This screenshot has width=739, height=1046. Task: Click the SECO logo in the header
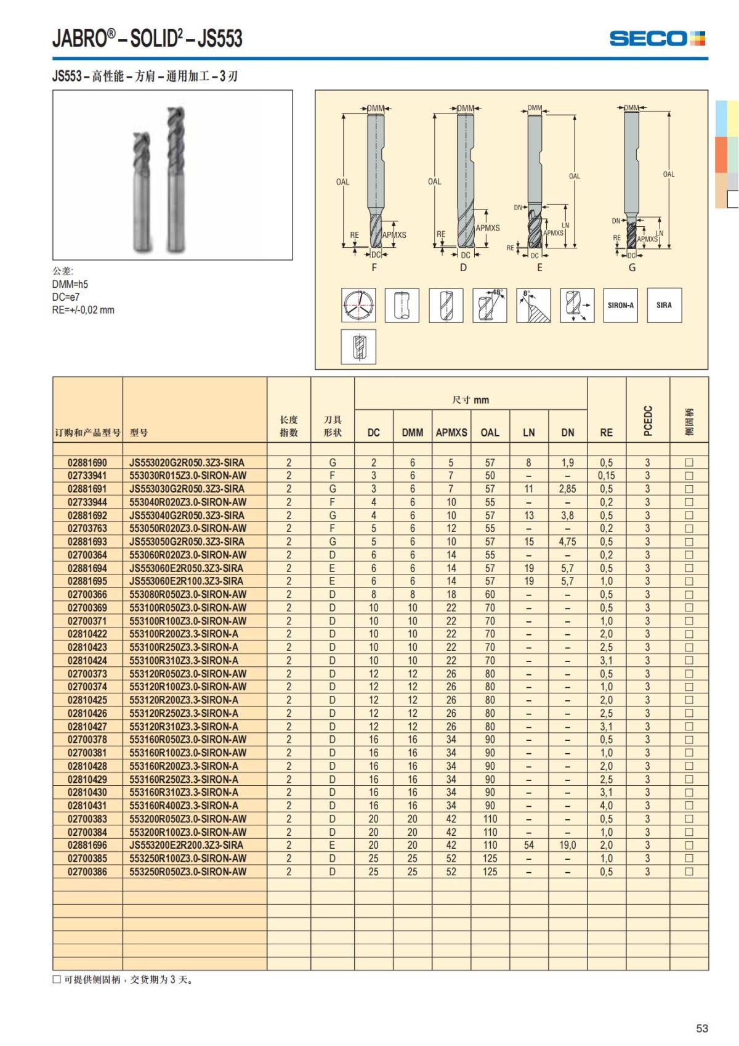point(656,38)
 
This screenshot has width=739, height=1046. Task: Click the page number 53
point(701,1028)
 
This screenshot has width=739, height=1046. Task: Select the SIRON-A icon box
point(620,305)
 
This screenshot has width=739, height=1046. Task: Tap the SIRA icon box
point(664,305)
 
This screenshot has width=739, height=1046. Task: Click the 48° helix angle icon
point(490,305)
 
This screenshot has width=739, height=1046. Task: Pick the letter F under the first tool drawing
point(374,268)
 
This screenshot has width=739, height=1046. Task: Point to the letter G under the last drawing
point(632,268)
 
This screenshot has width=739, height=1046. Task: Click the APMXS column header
point(451,433)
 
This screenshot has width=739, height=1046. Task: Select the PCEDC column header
point(648,420)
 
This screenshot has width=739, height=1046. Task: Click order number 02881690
point(87,462)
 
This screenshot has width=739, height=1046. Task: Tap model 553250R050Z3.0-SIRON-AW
point(188,872)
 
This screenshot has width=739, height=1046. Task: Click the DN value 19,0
point(568,845)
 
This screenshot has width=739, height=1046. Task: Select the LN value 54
point(529,845)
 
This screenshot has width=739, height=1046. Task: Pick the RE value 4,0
point(606,806)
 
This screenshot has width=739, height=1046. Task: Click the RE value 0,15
point(606,476)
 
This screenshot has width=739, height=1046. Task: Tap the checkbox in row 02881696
point(689,845)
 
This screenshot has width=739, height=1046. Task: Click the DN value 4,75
point(568,542)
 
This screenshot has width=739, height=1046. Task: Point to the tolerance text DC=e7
point(66,297)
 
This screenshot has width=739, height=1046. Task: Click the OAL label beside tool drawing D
point(434,181)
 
